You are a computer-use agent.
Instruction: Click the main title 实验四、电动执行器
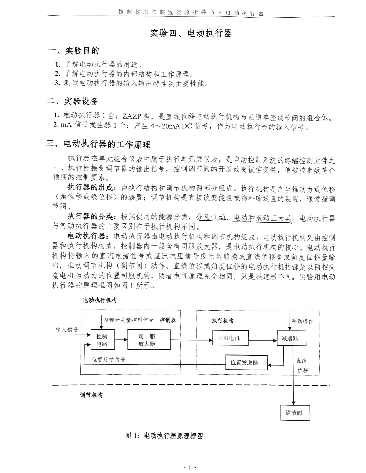(x=191, y=33)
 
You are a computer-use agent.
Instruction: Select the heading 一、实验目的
(x=74, y=51)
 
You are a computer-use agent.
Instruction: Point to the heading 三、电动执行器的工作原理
(x=99, y=145)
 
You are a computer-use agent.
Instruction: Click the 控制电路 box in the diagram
(x=102, y=340)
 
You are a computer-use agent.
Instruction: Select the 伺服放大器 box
(x=147, y=340)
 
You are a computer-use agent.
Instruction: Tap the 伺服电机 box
(x=229, y=338)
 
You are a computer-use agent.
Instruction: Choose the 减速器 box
(x=290, y=338)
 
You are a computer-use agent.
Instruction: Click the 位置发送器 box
(x=244, y=363)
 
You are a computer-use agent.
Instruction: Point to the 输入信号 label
(x=67, y=330)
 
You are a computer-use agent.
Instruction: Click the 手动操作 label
(x=303, y=321)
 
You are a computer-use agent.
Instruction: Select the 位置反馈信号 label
(x=108, y=360)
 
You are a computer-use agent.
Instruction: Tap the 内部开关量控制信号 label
(x=128, y=320)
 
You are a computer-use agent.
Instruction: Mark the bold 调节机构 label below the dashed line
(x=91, y=395)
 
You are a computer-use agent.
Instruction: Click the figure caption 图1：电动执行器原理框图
(x=164, y=436)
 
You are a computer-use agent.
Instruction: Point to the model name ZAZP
(x=133, y=118)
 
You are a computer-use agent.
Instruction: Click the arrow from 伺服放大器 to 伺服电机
(x=193, y=340)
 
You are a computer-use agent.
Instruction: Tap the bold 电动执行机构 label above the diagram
(x=100, y=300)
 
